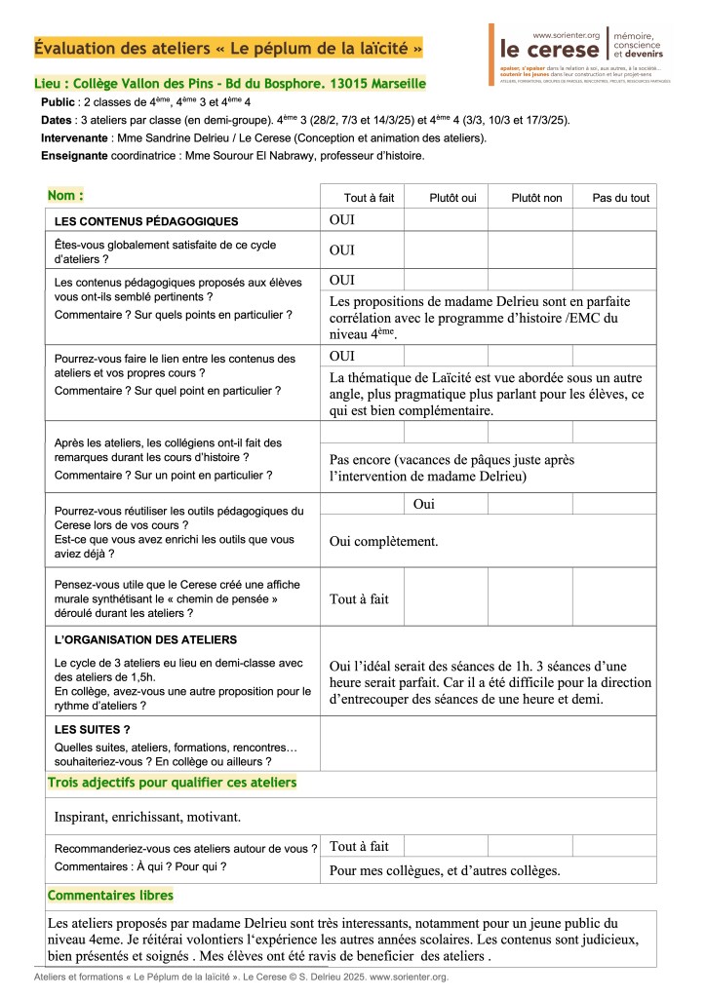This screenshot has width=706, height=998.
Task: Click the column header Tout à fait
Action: point(370,198)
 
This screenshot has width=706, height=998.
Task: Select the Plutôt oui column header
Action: point(452,198)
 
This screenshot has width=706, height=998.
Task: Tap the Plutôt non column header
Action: point(536,198)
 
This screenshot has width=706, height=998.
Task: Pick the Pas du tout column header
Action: point(620,198)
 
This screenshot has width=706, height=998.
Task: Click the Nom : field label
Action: point(65,196)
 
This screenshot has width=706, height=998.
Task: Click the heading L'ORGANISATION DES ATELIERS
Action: point(145,639)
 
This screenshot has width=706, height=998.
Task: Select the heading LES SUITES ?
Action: point(93,728)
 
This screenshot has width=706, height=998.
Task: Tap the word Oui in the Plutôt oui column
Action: point(424,504)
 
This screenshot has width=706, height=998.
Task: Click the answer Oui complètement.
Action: point(383,541)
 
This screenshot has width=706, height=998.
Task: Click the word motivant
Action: point(213,816)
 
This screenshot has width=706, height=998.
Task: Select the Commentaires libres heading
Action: point(110,895)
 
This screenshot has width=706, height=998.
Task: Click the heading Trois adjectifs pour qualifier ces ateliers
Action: point(172,783)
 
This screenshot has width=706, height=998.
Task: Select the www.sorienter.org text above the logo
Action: point(567,34)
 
